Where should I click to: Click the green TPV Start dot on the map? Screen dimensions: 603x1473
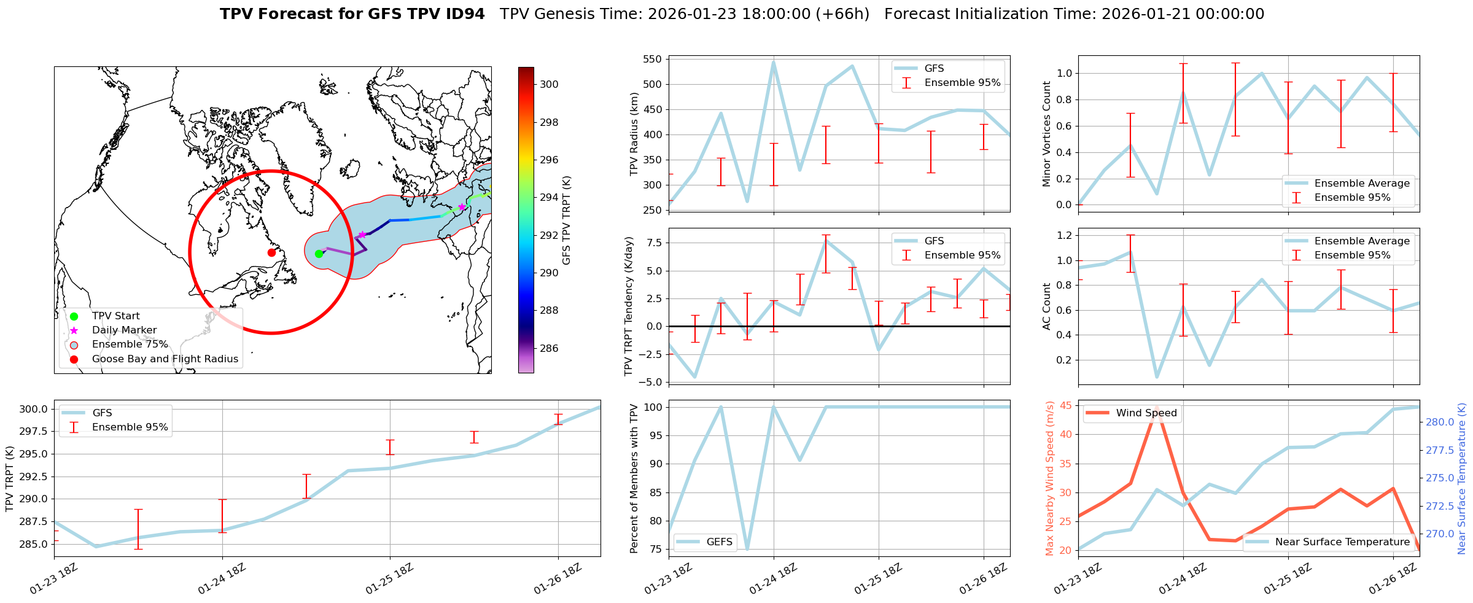pos(319,254)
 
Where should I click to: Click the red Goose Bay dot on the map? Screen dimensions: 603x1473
pos(271,252)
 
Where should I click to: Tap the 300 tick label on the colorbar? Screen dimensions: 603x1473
pos(549,85)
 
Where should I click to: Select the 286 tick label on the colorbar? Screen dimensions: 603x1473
pos(549,348)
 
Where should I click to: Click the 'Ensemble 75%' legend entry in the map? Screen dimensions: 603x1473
pos(130,344)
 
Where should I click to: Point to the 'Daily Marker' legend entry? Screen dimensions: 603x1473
pos(124,330)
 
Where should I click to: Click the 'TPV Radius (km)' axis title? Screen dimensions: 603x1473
pos(634,134)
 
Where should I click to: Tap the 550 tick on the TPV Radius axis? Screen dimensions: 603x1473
pos(653,60)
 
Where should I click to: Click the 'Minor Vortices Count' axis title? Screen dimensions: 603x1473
pos(1046,134)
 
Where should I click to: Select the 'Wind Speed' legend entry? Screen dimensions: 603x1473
pos(1146,413)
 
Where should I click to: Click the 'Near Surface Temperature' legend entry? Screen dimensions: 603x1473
pos(1342,542)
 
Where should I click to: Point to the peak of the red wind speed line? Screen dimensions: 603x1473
pos(1157,407)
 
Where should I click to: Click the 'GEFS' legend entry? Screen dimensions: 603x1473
pos(719,542)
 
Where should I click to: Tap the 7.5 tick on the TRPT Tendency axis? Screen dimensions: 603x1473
pos(654,243)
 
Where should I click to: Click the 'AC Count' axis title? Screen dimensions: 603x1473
pos(1046,306)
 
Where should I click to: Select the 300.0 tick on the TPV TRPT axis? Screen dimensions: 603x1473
pos(35,410)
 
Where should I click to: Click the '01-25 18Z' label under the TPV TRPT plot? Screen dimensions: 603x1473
pos(390,579)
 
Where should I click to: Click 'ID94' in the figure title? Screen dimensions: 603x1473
pos(465,14)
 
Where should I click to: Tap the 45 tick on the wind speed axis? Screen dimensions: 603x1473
pos(1065,405)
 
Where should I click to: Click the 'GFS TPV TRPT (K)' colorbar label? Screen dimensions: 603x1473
pos(566,220)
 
